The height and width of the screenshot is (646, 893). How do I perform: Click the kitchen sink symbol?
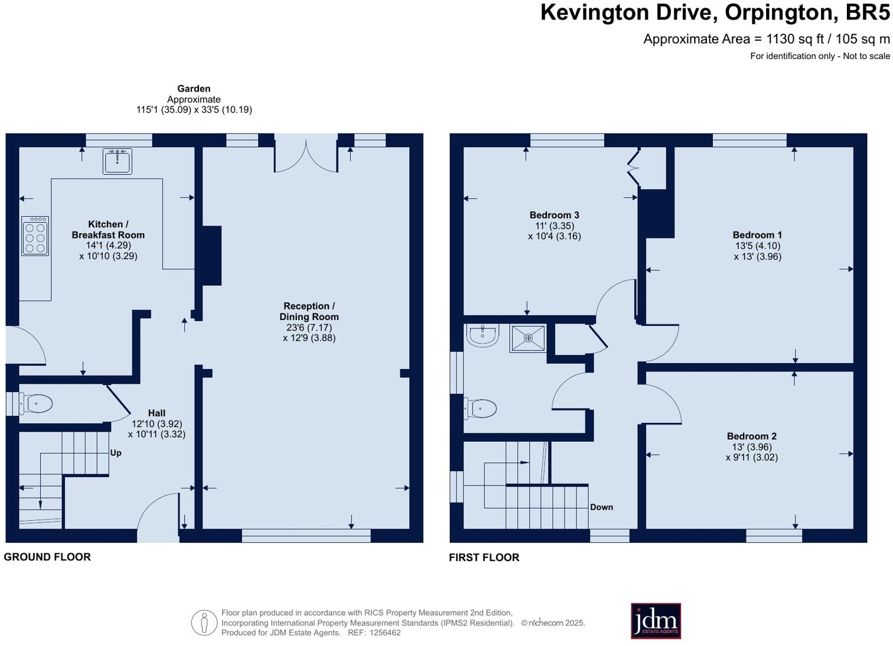pos(117,161)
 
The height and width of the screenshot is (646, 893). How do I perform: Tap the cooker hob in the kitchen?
pos(35,236)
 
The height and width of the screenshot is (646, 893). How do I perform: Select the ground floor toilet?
pos(36,404)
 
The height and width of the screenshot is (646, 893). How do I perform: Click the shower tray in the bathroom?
pos(528,338)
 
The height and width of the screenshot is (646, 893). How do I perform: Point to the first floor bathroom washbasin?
pos(482,335)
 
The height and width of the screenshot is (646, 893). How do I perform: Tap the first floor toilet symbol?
pos(480,409)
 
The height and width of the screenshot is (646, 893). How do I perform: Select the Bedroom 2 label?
pos(751,436)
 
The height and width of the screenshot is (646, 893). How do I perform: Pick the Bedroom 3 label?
pos(554,215)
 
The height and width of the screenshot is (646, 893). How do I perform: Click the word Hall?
pos(157,413)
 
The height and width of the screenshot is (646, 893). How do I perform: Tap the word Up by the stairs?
pos(116,453)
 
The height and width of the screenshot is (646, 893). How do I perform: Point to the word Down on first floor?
pos(602,507)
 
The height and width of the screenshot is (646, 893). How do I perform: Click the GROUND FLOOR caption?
pos(47,557)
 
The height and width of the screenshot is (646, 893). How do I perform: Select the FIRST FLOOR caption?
pos(484,557)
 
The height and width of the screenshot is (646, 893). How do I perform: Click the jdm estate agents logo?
pos(656,621)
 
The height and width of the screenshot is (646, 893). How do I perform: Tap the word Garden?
pos(194,89)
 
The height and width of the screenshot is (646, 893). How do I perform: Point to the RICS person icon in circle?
pos(204,622)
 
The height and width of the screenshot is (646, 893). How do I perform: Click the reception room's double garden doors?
pos(306,159)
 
